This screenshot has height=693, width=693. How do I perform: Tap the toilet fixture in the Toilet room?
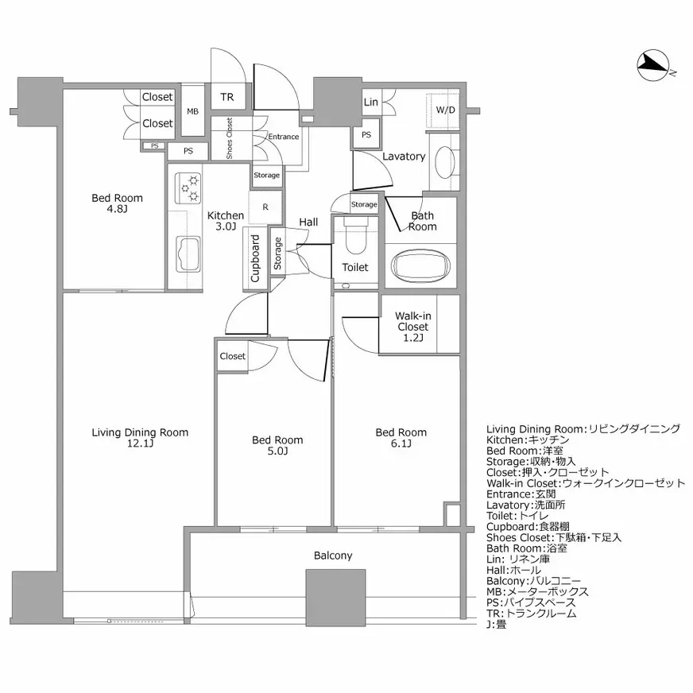click(x=354, y=235)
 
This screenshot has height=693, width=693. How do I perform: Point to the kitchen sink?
click(x=188, y=254)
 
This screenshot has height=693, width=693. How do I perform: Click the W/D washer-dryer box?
click(x=445, y=110)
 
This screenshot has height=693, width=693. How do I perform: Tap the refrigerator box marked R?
click(x=264, y=207)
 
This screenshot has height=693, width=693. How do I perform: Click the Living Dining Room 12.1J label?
click(x=140, y=438)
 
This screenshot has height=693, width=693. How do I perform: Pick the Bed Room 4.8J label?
click(x=117, y=204)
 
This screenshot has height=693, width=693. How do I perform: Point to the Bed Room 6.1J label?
click(x=401, y=438)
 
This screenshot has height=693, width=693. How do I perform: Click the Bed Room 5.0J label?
click(x=277, y=445)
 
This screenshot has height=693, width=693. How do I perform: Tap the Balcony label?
click(x=333, y=556)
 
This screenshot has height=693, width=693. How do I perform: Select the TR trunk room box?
click(x=227, y=98)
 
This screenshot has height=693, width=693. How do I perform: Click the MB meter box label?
click(x=193, y=111)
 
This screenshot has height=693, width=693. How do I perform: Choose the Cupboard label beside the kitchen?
click(x=255, y=259)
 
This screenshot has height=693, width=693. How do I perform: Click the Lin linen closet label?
click(x=370, y=103)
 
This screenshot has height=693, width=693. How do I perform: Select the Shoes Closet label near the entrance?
click(x=230, y=138)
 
